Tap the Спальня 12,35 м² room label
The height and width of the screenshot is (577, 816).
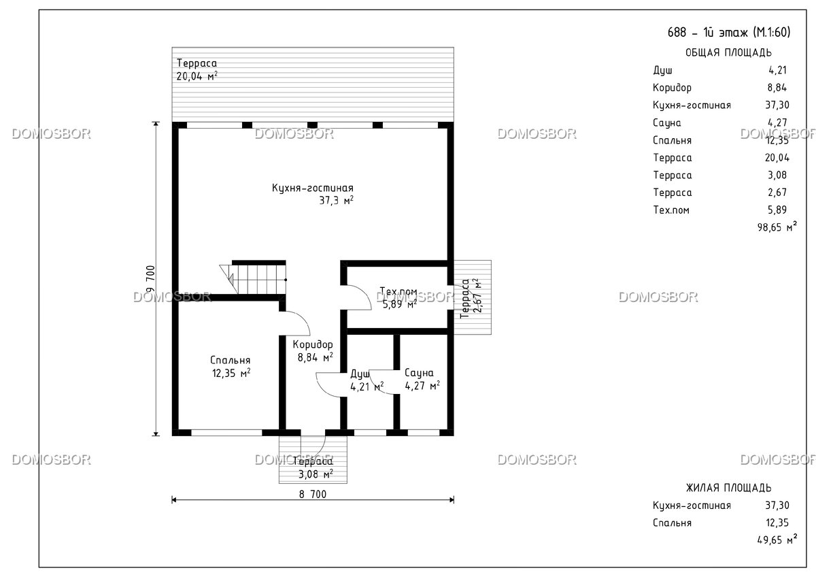pyautogui.click(x=231, y=367)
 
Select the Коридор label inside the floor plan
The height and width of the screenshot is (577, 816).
pyautogui.click(x=313, y=344)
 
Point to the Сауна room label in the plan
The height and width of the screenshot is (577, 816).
pyautogui.click(x=419, y=373)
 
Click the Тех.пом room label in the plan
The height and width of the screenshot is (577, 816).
pyautogui.click(x=398, y=291)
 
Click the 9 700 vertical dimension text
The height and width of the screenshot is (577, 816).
pyautogui.click(x=150, y=279)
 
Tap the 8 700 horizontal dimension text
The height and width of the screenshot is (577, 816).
pyautogui.click(x=313, y=494)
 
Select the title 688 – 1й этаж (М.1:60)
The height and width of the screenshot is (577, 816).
pyautogui.click(x=729, y=33)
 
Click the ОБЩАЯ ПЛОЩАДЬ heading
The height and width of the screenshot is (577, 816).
pyautogui.click(x=728, y=53)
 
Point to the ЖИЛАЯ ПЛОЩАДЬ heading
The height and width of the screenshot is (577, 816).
pyautogui.click(x=728, y=488)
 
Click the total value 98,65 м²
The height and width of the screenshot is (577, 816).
pyautogui.click(x=777, y=227)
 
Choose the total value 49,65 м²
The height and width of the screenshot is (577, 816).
pyautogui.click(x=777, y=540)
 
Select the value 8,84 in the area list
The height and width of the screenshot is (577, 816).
pyautogui.click(x=777, y=88)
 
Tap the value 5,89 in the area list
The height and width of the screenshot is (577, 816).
pyautogui.click(x=777, y=210)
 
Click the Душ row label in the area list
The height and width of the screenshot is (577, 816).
pyautogui.click(x=662, y=70)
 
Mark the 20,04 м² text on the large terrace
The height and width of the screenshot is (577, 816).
pyautogui.click(x=197, y=76)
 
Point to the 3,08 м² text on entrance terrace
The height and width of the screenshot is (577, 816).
pyautogui.click(x=316, y=474)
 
